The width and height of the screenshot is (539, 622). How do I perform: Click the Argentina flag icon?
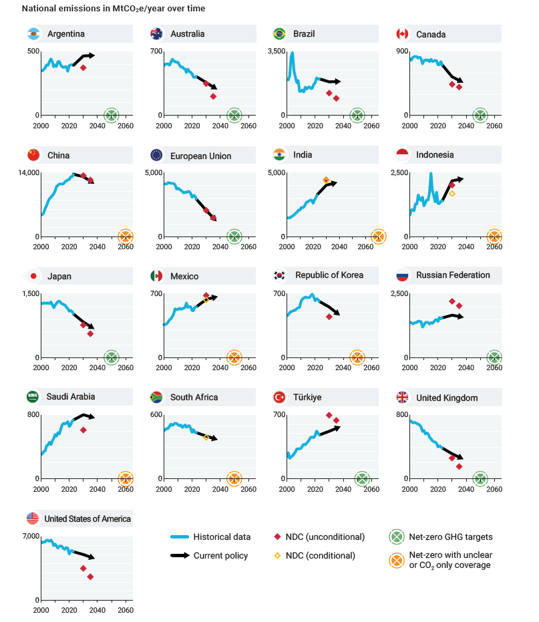coord(32,34)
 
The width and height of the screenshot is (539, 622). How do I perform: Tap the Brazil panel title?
coord(304,34)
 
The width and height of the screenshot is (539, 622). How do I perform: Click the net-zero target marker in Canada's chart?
coord(480,115)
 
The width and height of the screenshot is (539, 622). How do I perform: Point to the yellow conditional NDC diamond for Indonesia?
coord(452,194)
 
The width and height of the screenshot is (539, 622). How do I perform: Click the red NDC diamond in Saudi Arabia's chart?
coord(83,430)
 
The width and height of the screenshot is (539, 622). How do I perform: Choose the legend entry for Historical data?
coord(222,536)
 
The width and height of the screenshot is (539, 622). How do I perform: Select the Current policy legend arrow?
coord(180,555)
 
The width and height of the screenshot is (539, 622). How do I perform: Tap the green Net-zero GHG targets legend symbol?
coord(397,536)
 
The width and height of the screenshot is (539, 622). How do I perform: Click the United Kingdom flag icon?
coord(402,398)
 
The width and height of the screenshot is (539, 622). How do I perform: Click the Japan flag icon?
coord(32,276)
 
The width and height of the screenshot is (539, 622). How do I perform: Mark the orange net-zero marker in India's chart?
coord(378,236)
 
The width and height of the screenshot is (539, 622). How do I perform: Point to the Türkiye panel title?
coord(307,398)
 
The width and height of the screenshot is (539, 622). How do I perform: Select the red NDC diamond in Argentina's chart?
coord(83,67)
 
